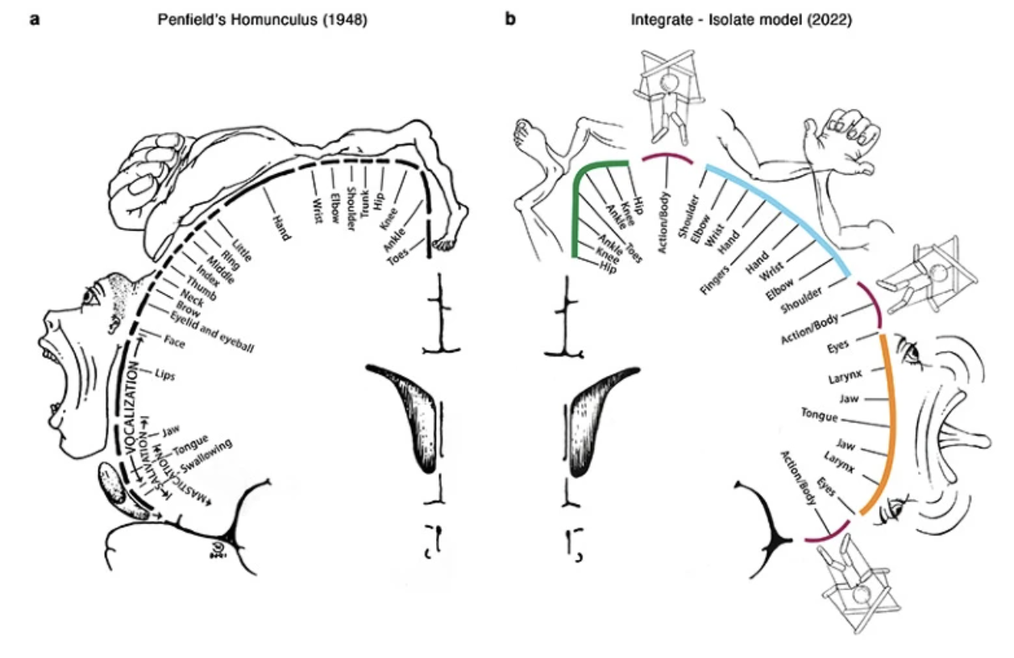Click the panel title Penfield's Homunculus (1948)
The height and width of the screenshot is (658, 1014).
[262, 19]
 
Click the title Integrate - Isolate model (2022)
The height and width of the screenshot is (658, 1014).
[741, 19]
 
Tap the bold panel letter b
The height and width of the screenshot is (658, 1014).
[509, 19]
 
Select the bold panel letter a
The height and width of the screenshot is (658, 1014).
[34, 19]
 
